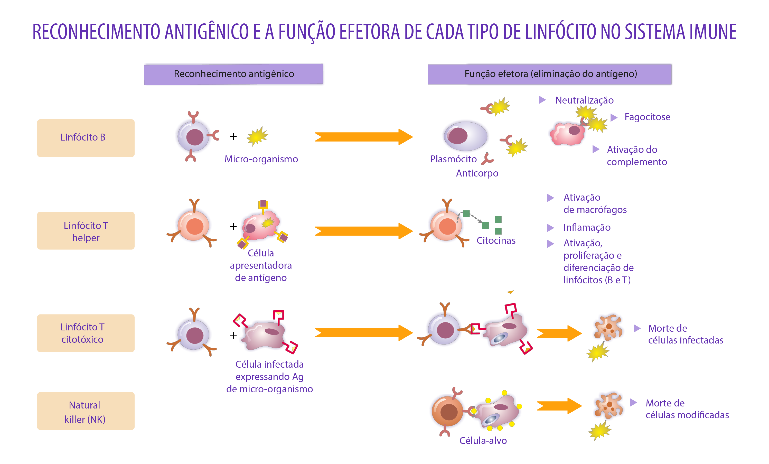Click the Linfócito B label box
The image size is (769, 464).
coord(86,138)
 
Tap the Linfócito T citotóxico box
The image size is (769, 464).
coord(86,333)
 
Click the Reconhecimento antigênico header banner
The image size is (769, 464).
coord(233,74)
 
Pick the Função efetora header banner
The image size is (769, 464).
coord(549,74)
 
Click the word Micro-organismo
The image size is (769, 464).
coord(261,159)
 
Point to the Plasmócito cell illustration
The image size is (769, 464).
coord(465,136)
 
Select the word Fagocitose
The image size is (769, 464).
coord(647,117)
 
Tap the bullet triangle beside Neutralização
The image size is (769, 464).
coord(542,100)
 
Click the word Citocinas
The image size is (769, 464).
coord(496,240)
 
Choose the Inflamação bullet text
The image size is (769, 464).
coord(587,227)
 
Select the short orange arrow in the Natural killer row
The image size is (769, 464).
coord(559,406)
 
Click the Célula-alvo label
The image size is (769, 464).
coord(483,440)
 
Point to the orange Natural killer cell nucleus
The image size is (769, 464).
coord(449,412)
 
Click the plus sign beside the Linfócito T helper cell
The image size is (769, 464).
coord(233,226)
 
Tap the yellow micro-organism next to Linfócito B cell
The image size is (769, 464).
coord(257,136)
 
